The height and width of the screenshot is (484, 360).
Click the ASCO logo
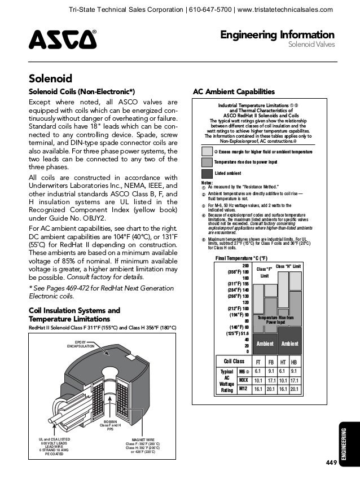[62, 40]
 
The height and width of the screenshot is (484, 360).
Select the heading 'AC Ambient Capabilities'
[234, 91]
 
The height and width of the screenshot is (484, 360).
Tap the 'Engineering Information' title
[280, 35]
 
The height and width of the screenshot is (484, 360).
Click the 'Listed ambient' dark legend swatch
[207, 173]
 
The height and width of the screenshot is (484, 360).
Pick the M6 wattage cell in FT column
[258, 371]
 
